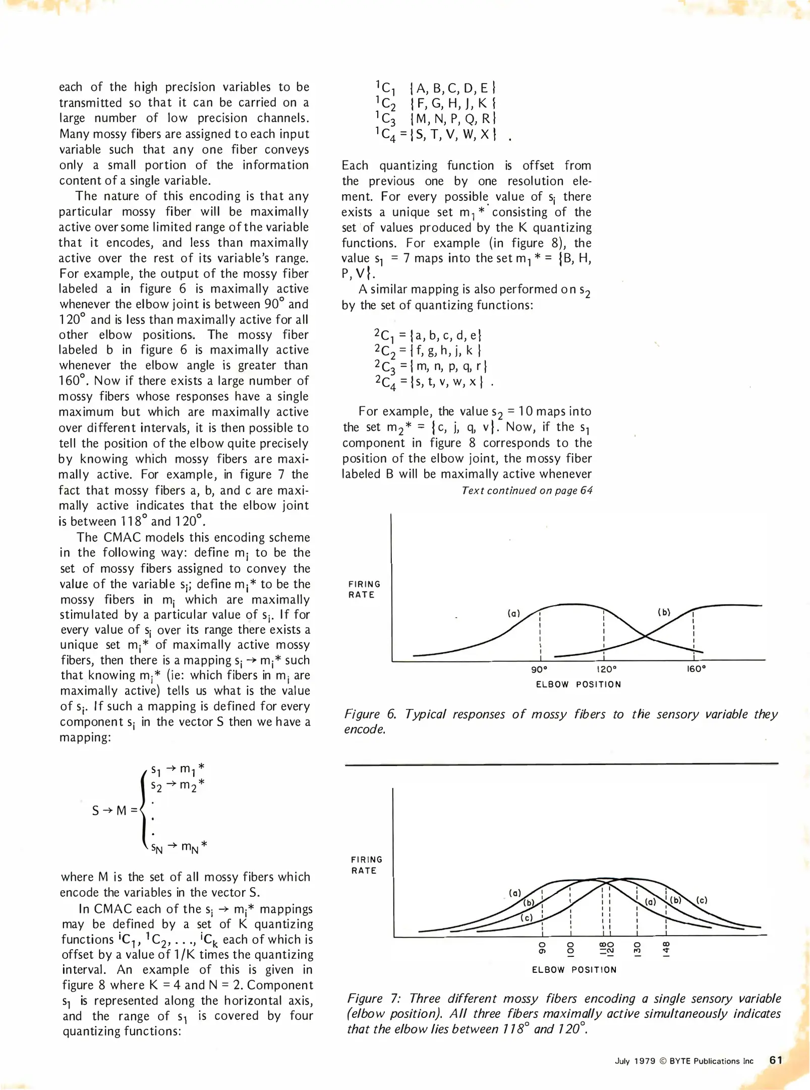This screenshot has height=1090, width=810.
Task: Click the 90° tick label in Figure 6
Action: pyautogui.click(x=539, y=669)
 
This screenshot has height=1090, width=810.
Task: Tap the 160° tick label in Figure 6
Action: pyautogui.click(x=696, y=669)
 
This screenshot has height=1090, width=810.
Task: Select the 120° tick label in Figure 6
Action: pyautogui.click(x=606, y=669)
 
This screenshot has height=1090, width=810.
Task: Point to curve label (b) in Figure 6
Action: pyautogui.click(x=664, y=612)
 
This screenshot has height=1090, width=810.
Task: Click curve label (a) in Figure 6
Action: pyautogui.click(x=513, y=614)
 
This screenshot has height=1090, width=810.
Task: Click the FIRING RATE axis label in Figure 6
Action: pyautogui.click(x=364, y=589)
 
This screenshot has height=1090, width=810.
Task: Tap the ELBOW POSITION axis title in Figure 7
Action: pyautogui.click(x=574, y=970)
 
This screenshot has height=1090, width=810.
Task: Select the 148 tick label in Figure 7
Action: pyautogui.click(x=666, y=949)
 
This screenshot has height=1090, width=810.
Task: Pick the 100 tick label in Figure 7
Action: pyautogui.click(x=570, y=949)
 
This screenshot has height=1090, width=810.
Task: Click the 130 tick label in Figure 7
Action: pyautogui.click(x=637, y=949)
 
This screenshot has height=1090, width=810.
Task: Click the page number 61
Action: pyautogui.click(x=776, y=1060)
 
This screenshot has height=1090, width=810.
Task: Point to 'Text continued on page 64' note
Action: pyautogui.click(x=527, y=490)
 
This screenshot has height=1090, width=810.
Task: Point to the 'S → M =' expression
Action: pyautogui.click(x=114, y=811)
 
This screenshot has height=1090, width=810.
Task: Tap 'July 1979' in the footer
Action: pyautogui.click(x=634, y=1061)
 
